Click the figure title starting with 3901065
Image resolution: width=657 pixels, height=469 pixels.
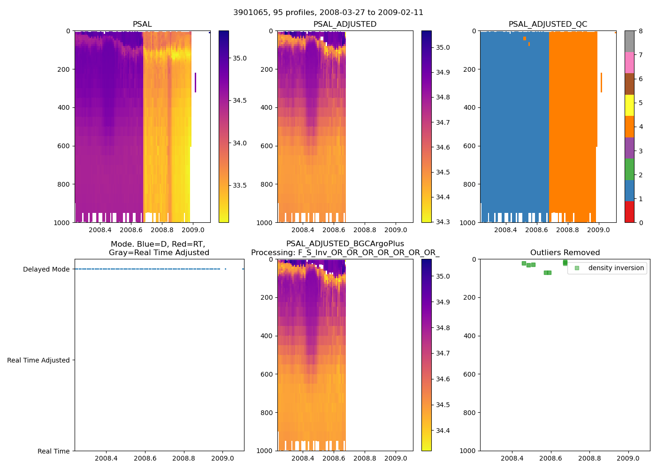(328, 13)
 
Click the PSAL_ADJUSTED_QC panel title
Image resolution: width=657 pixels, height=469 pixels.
(548, 24)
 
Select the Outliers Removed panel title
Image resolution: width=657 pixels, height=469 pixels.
(565, 253)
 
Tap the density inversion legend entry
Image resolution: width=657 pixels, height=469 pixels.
(610, 268)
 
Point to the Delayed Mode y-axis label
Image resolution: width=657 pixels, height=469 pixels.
(46, 269)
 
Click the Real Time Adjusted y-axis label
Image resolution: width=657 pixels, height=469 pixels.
(38, 360)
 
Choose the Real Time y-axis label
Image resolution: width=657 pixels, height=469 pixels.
(53, 451)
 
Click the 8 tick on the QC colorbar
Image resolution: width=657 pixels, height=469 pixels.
(641, 31)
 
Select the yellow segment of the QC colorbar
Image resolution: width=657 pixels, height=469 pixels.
(629, 105)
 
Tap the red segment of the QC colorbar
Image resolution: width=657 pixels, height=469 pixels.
(629, 212)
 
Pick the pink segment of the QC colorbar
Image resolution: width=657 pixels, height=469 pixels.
(629, 62)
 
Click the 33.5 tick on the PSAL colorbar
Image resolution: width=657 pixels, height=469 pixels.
(240, 185)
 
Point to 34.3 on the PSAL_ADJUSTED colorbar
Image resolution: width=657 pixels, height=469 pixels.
(443, 222)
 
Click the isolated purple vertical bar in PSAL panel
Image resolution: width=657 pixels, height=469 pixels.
(195, 83)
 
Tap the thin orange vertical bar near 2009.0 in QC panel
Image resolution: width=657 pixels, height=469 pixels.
(601, 83)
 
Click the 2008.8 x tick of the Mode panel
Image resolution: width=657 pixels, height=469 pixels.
(184, 458)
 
